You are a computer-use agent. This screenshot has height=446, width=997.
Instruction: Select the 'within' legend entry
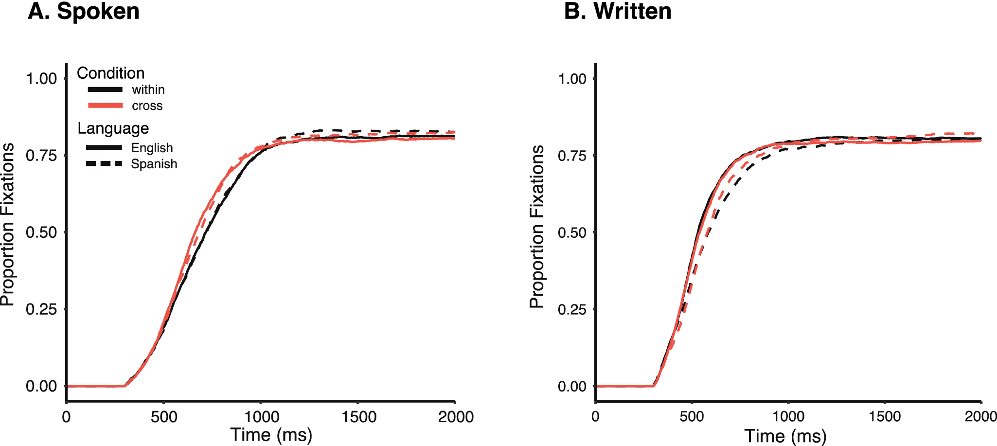[148, 90]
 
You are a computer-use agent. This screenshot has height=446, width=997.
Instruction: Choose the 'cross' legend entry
[147, 106]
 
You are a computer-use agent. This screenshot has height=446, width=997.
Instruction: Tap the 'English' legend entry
[152, 148]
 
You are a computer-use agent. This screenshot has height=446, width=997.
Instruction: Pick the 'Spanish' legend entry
[154, 164]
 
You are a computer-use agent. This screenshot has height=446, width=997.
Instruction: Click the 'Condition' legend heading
[111, 73]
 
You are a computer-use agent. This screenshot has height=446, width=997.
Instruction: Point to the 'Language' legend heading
[113, 128]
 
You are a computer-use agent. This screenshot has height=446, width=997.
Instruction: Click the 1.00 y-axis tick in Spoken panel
[41, 78]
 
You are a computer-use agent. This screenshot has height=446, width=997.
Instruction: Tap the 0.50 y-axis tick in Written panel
[572, 232]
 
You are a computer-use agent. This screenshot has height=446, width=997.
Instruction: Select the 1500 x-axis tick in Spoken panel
[358, 417]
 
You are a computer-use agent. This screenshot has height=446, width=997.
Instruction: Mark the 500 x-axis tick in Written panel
[692, 417]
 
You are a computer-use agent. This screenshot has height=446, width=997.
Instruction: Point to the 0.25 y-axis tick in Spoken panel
[41, 309]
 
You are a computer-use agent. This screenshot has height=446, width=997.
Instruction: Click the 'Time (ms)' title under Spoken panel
[271, 434]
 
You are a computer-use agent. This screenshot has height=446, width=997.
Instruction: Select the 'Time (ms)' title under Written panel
[785, 436]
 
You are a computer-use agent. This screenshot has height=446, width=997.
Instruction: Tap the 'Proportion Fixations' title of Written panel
[536, 227]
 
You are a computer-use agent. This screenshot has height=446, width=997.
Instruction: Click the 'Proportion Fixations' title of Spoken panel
[7, 225]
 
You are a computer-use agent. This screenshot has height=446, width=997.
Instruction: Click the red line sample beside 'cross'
[105, 106]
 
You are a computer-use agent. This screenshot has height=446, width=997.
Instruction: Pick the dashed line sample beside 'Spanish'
[104, 164]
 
